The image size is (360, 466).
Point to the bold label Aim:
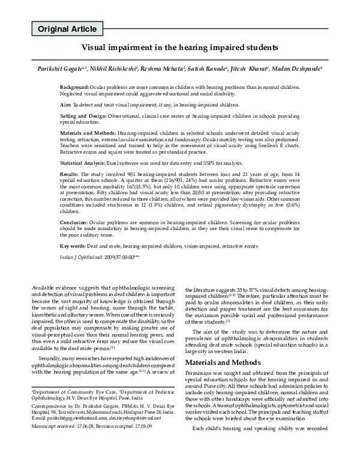tap(65, 104)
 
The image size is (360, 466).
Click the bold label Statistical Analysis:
tap(84, 163)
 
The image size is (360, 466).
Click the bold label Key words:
tap(74, 263)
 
